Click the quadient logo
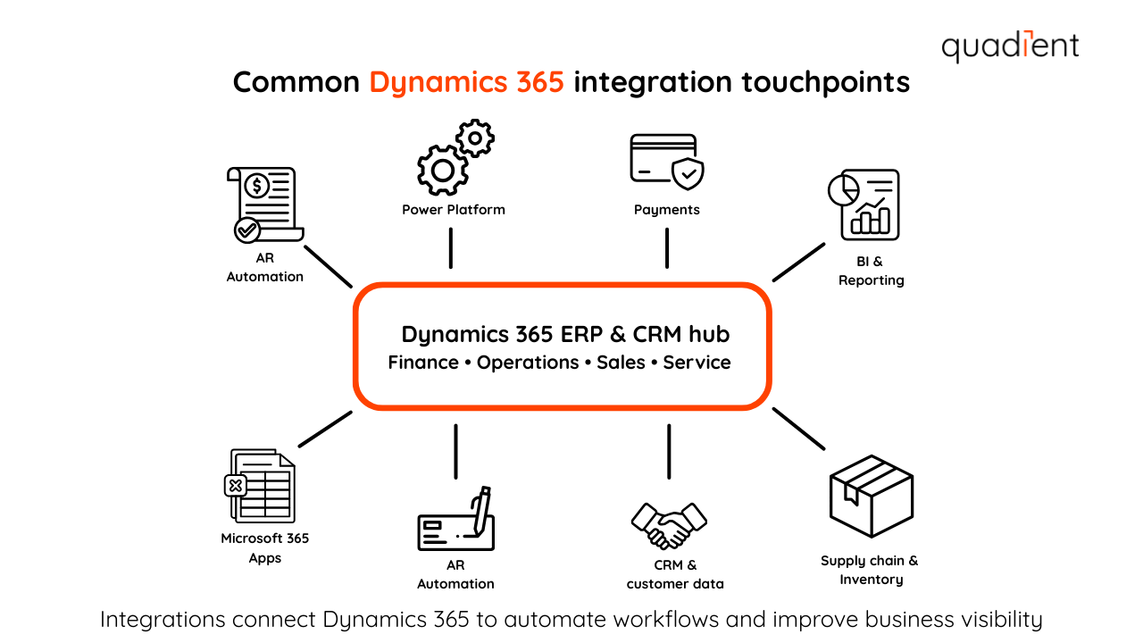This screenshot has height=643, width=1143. point(1010,46)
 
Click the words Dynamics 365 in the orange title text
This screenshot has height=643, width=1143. point(467,82)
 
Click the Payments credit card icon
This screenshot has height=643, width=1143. point(666,163)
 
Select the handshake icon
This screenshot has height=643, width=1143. point(669,525)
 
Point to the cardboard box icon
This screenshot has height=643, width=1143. point(871,497)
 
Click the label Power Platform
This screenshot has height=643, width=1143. point(454,210)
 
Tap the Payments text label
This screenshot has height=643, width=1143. point(667,210)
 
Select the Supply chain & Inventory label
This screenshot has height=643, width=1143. point(870,570)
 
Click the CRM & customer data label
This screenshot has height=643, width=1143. point(675,574)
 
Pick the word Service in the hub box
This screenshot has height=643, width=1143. point(697,363)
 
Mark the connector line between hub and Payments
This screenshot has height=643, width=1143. point(667,247)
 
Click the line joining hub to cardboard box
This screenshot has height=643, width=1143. point(798,429)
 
